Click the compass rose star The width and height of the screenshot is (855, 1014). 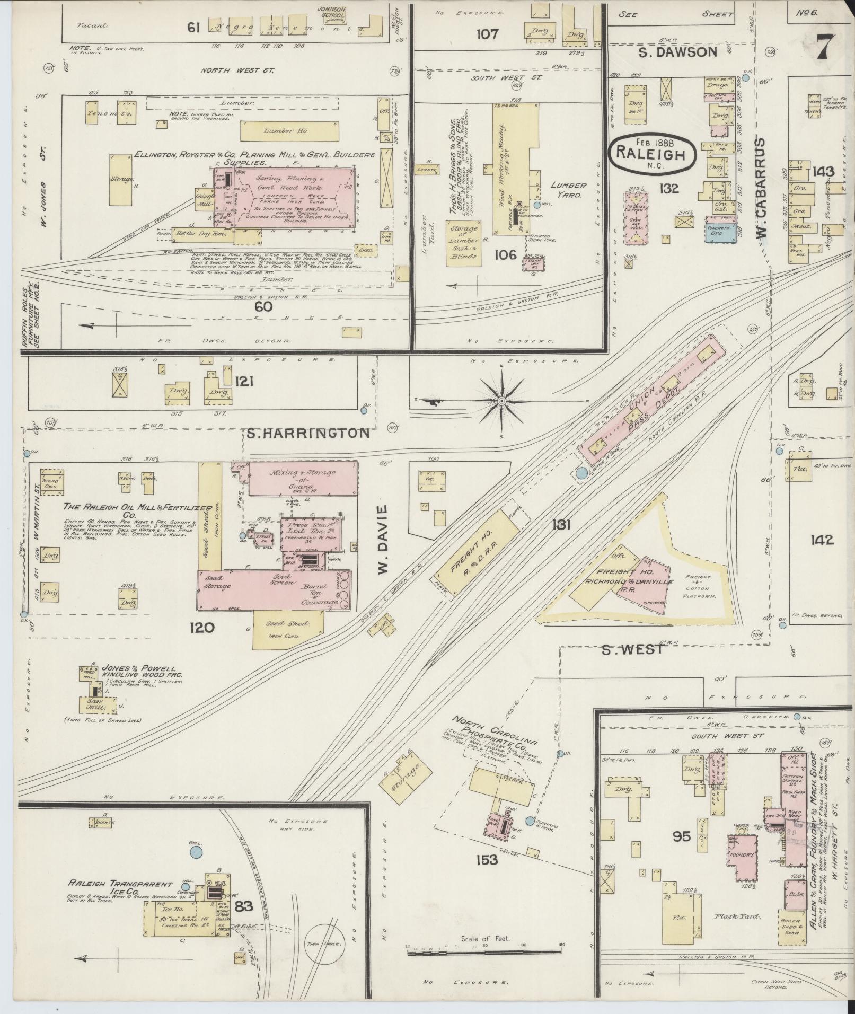point(500,401)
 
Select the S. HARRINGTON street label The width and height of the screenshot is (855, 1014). point(308,433)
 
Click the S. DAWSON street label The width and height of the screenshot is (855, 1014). point(677,52)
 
